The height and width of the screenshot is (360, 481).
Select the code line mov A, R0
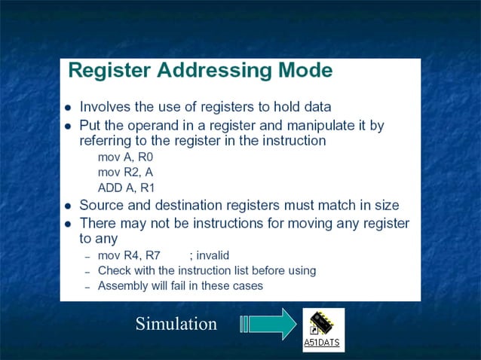pyautogui.click(x=125, y=157)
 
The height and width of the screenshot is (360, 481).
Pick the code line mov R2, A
pyautogui.click(x=125, y=172)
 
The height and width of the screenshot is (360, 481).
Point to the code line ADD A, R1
pyautogui.click(x=125, y=188)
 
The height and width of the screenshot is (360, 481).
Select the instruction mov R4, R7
pyautogui.click(x=129, y=255)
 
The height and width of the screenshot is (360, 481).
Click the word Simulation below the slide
pyautogui.click(x=176, y=324)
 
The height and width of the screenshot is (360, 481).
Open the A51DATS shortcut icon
pyautogui.click(x=323, y=322)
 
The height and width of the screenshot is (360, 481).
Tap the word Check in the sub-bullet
pyautogui.click(x=114, y=270)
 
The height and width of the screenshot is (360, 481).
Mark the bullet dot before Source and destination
pyautogui.click(x=69, y=206)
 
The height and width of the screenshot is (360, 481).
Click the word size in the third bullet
pyautogui.click(x=384, y=205)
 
